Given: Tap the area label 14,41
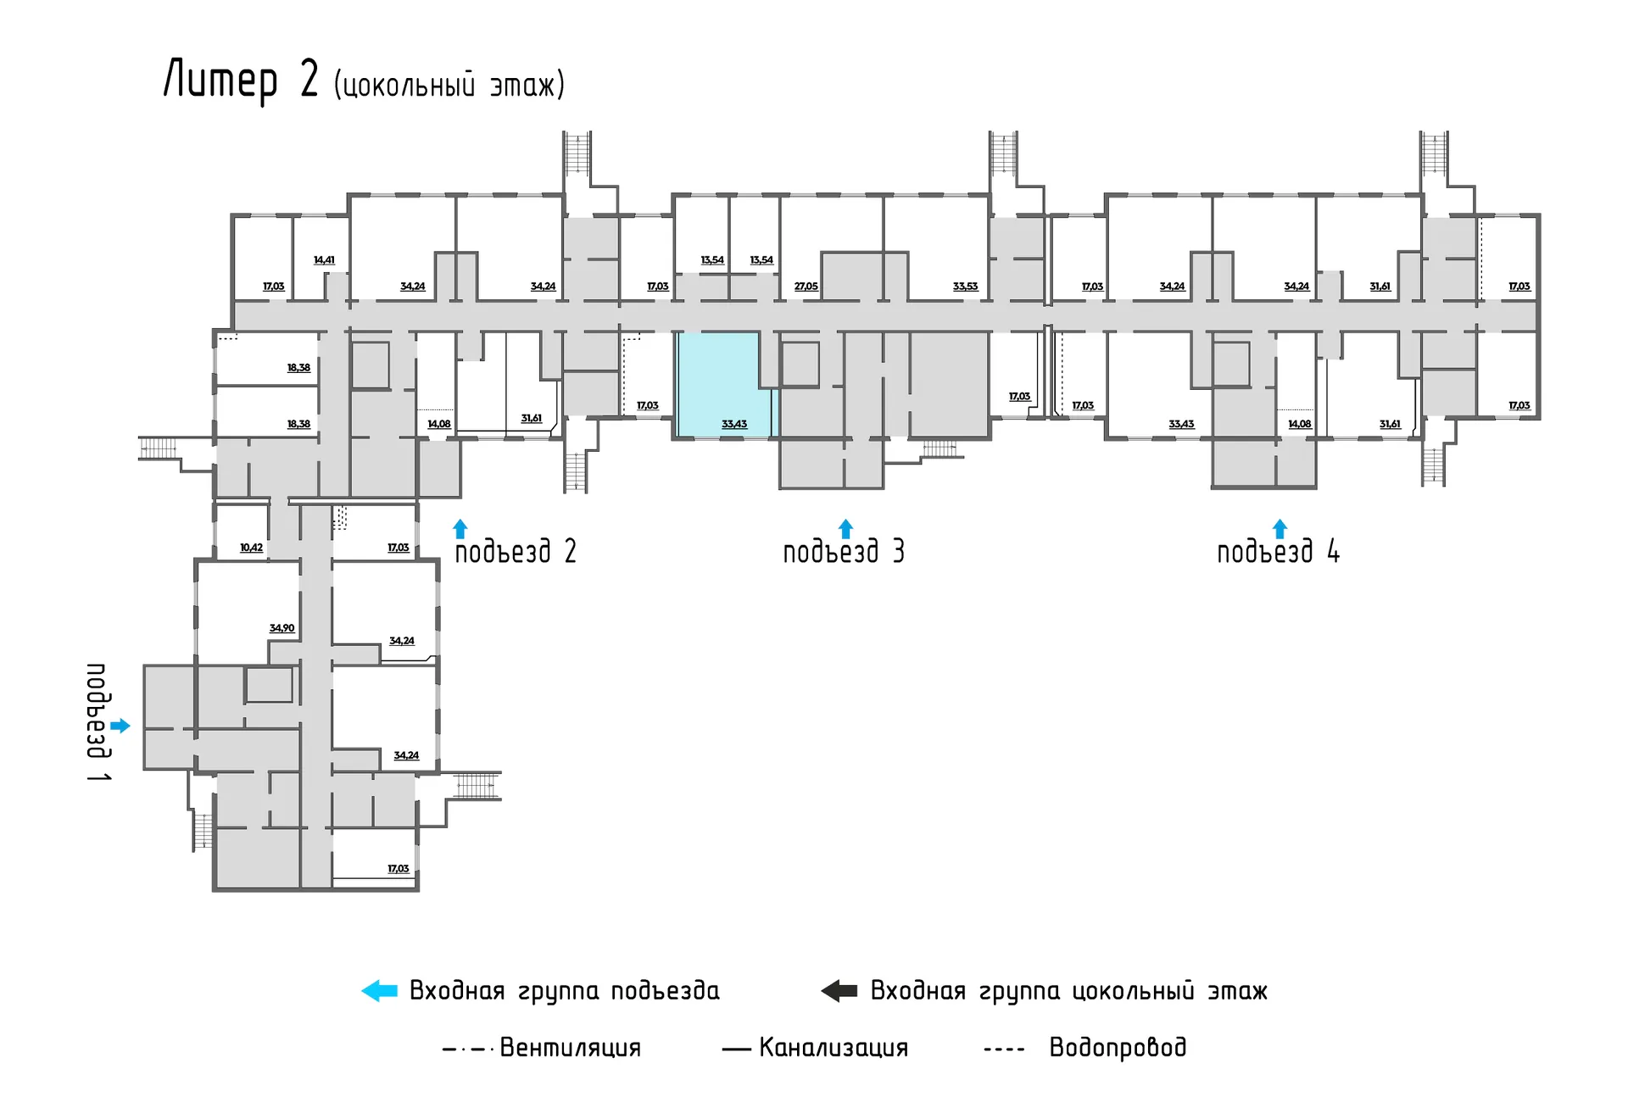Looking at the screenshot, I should pos(324,260).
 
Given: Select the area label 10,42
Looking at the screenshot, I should pos(251,548).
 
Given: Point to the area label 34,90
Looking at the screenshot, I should pos(282,628).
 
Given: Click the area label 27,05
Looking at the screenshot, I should pos(806,287).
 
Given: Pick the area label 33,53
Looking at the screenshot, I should pos(965,287).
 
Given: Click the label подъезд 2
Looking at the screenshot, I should pos(516,552).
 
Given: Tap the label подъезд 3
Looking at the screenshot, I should pos(844,552).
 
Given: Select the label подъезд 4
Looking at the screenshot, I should pos(1278,552).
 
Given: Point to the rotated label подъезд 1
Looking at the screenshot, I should pos(98,722).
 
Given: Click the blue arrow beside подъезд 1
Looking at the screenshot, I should pos(120,726).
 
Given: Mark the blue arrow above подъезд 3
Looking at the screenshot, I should pos(845,529).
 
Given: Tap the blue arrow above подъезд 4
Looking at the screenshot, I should pos(1280,529).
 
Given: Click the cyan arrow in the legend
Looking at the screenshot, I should pos(379,990).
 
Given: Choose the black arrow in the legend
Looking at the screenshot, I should pos(839,990).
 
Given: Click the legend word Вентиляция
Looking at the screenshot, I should pos(570,1048).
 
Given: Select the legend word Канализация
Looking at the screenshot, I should pos(834,1048).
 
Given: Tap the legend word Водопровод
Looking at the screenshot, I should pos(1118,1048).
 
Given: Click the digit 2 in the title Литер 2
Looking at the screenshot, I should pos(309,80).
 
